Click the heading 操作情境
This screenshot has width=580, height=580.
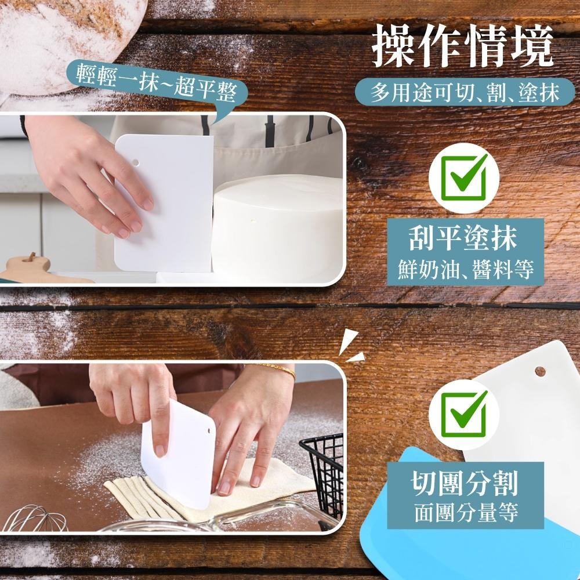pyautogui.click(x=462, y=45)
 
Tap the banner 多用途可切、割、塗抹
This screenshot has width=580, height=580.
pyautogui.click(x=466, y=92)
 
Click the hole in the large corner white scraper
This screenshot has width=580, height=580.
pyautogui.click(x=540, y=371)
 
